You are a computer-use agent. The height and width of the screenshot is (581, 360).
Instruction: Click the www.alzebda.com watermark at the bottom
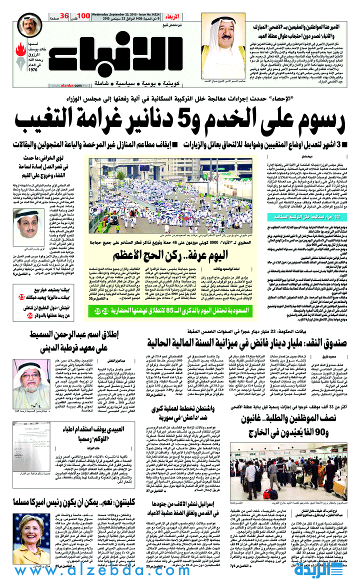pos(180,569)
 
